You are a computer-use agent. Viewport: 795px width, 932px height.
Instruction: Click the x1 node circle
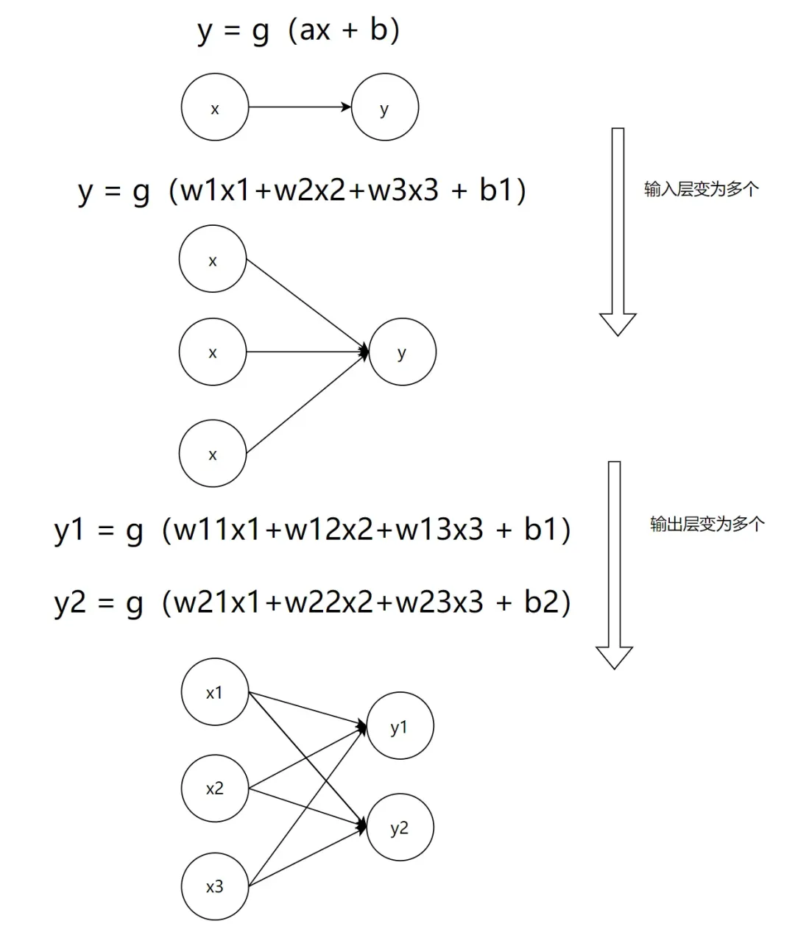pos(214,692)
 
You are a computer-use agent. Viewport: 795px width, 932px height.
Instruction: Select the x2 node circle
pos(214,789)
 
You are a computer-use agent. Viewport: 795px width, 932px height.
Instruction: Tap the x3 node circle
pos(214,886)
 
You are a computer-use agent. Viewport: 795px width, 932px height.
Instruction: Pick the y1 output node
pos(400,727)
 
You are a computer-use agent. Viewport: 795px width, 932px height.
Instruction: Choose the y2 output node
pos(400,828)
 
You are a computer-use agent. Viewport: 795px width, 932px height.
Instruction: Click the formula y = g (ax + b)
pos(299,31)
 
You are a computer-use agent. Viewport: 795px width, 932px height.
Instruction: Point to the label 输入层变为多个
pos(701,189)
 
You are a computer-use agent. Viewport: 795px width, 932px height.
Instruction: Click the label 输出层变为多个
pos(707,524)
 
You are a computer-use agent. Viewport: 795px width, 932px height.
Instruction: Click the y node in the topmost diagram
pos(384,107)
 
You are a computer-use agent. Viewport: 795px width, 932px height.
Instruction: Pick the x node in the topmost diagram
pos(215,108)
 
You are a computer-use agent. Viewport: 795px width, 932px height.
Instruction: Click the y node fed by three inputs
pos(402,352)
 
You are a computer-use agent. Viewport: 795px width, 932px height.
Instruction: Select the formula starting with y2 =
pos(312,603)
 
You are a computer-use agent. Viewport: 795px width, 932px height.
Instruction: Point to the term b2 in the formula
pos(543,602)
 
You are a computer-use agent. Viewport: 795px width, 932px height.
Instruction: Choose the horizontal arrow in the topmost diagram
pos(300,107)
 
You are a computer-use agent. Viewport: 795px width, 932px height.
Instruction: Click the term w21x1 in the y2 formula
pos(217,603)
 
